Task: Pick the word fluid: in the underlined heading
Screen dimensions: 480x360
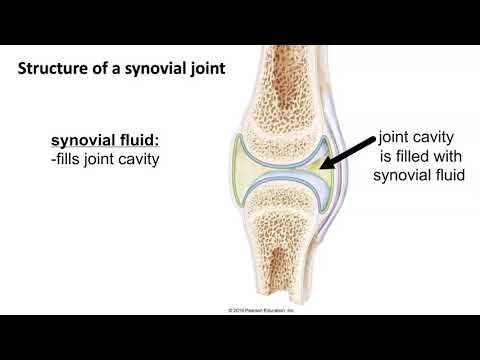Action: coord(140,140)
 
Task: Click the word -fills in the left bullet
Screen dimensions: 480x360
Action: coord(72,158)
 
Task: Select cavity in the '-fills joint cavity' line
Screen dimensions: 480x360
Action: coord(138,158)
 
